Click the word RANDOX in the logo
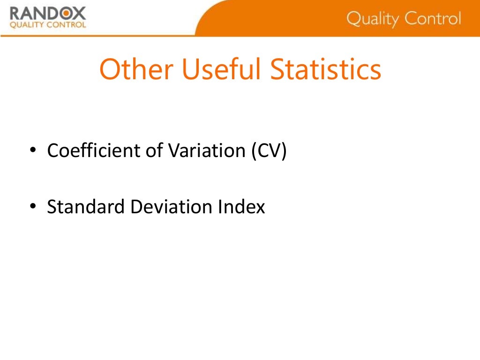click(x=48, y=14)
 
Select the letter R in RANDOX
click(x=16, y=14)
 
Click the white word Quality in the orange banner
click(x=372, y=19)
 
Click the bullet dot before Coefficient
click(x=32, y=152)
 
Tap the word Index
click(x=241, y=207)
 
